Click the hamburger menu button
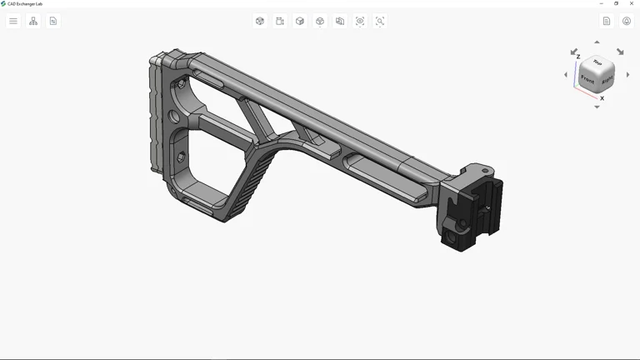[13, 21]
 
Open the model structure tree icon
[33, 21]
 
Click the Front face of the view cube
[588, 80]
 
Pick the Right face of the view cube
[607, 80]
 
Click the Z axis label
[578, 57]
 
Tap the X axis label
[602, 98]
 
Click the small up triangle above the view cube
[597, 42]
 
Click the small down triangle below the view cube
[597, 107]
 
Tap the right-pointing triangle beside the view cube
[628, 75]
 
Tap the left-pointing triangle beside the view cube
[566, 75]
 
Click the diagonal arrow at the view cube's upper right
[620, 52]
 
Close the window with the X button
[632, 3]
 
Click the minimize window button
[602, 3]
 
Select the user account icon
[627, 21]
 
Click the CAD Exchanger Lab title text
[25, 3]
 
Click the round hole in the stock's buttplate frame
[175, 117]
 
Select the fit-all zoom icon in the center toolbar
[360, 21]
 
